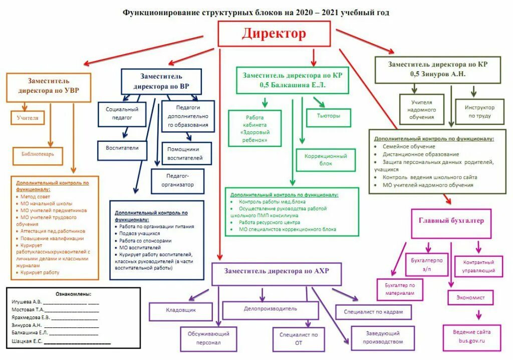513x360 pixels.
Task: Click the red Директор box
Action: (274, 34)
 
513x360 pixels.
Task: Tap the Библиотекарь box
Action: (41, 154)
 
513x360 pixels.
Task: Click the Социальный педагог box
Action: (122, 113)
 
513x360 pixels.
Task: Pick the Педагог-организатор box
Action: (177, 181)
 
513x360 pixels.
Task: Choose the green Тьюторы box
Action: (328, 116)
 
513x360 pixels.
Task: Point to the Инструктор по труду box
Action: (479, 111)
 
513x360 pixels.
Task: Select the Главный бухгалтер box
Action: (451, 223)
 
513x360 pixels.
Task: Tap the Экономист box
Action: (470, 297)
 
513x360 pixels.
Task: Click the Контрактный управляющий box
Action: (478, 266)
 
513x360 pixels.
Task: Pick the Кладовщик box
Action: (181, 310)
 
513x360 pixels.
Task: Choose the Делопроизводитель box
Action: (271, 309)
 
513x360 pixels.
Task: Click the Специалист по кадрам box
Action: (373, 312)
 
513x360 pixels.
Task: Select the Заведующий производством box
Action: (382, 337)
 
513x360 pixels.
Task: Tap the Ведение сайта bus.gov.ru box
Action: (471, 336)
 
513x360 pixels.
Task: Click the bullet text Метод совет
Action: (37, 197)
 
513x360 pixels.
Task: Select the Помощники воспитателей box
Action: (186, 153)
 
